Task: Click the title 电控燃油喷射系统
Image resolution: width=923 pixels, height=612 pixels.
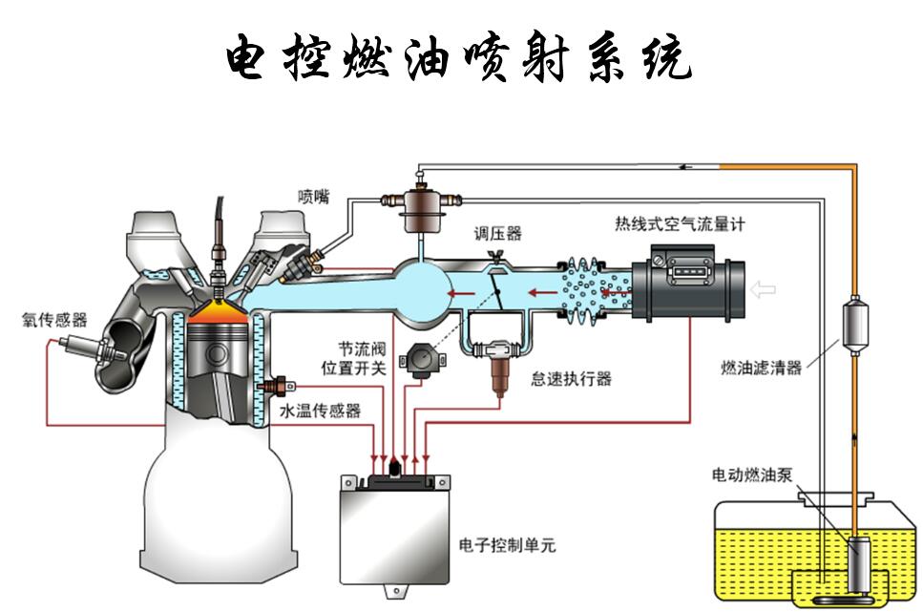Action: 459,59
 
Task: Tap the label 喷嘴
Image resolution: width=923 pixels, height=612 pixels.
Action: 312,197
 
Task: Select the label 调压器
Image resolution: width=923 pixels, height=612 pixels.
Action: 499,234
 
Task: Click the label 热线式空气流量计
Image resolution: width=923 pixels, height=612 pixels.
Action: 679,224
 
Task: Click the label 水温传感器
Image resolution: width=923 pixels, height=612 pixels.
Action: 320,411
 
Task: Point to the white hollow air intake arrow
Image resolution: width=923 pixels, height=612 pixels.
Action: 764,288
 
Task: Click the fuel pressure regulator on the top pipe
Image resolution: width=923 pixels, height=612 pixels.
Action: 418,206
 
